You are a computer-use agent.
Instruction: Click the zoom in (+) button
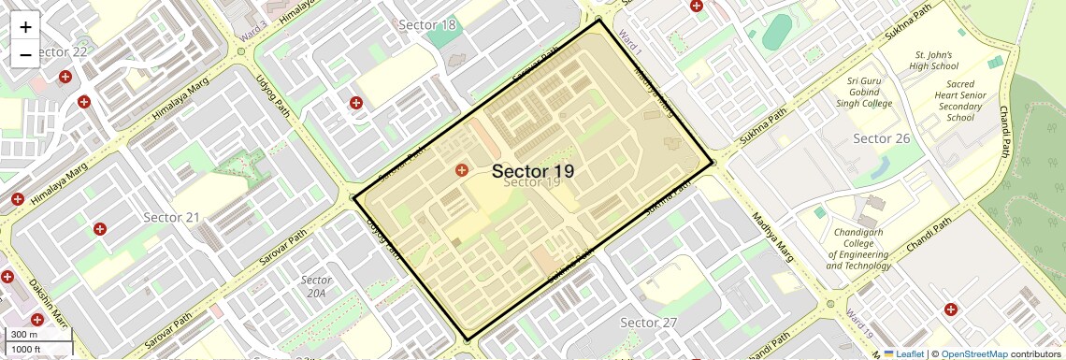click(x=25, y=27)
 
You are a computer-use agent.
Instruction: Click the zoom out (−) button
click(x=25, y=54)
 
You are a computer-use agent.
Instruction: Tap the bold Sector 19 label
click(x=532, y=171)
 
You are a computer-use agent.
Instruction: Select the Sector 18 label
click(x=427, y=24)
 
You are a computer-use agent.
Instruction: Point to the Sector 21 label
click(x=171, y=217)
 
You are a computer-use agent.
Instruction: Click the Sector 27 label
click(x=648, y=323)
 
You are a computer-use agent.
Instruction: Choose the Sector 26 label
click(x=881, y=138)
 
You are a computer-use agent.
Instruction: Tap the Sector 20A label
click(x=317, y=286)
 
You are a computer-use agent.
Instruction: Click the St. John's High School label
click(x=933, y=61)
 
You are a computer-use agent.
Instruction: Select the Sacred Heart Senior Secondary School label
click(x=960, y=100)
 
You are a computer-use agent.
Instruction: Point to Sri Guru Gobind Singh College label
click(x=870, y=92)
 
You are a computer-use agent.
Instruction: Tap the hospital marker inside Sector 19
click(x=461, y=169)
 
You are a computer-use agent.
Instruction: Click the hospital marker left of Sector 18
click(x=355, y=103)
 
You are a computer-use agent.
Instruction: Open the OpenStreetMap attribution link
click(x=973, y=353)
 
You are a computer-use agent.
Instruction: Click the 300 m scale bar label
click(x=24, y=335)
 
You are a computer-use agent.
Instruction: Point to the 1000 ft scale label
click(x=26, y=349)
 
